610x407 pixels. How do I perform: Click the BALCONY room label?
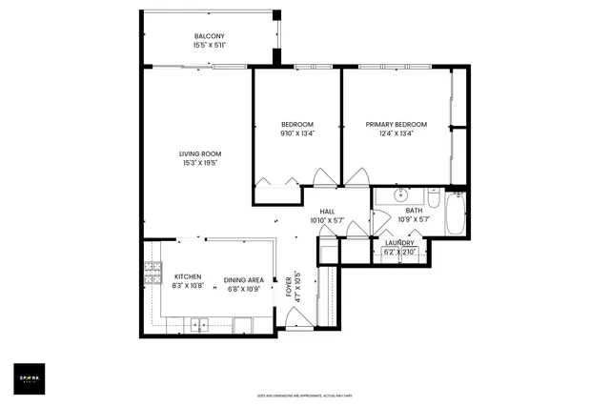tap(207, 35)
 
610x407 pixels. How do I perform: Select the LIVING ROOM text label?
tap(200, 154)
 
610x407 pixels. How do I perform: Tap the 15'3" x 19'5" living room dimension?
tap(200, 163)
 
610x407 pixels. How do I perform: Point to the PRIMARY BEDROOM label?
tap(397, 125)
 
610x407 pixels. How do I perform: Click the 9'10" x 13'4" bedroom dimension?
tap(297, 133)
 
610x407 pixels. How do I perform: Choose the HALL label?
tap(327, 212)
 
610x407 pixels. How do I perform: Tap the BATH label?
tap(414, 212)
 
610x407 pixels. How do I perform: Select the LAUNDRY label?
tap(399, 244)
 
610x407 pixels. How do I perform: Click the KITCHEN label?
tap(188, 277)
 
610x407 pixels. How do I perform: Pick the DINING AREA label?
tap(244, 279)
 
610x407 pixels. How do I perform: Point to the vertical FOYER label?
tap(289, 287)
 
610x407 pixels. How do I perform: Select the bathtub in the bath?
tap(456, 214)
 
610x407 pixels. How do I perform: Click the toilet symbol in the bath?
tap(434, 200)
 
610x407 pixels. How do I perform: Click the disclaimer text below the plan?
tap(305, 396)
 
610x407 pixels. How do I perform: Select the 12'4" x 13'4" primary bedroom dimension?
tap(397, 133)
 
